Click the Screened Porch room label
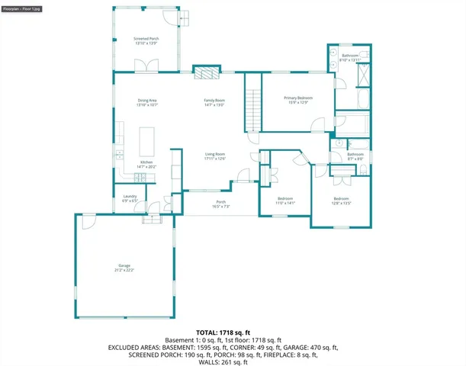click(146, 40)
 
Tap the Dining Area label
click(146, 102)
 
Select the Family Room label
click(214, 102)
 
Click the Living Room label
click(214, 156)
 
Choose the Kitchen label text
click(146, 164)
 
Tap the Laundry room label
click(130, 199)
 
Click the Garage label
click(124, 268)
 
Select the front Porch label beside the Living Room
click(221, 204)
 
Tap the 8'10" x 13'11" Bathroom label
click(350, 57)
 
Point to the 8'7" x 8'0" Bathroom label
click(355, 156)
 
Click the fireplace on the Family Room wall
click(205, 73)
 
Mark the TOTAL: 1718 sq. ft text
click(218, 333)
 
